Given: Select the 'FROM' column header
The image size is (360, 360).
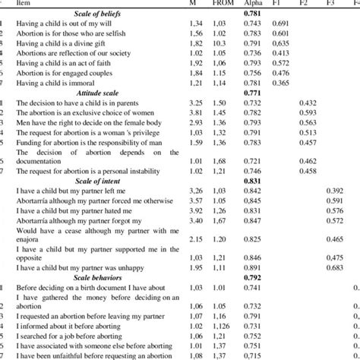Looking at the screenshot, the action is (x=219, y=4).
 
